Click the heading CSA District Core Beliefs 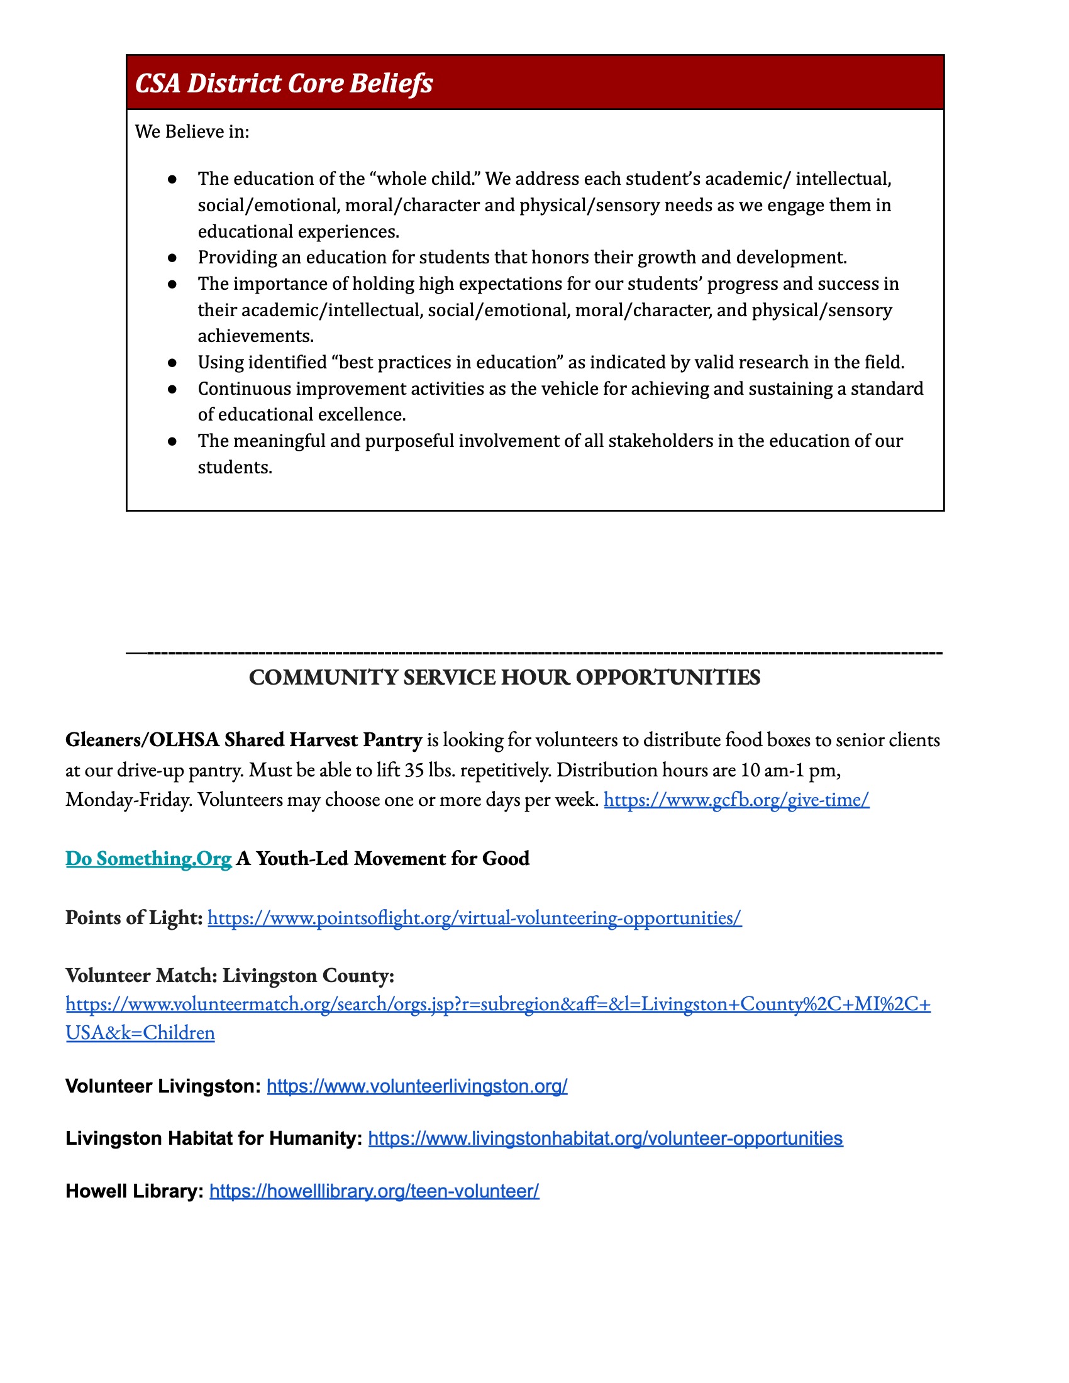click(x=284, y=84)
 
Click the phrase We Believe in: click(x=192, y=132)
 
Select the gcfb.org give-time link click(x=736, y=800)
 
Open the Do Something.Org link click(x=148, y=859)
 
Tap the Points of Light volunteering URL click(x=474, y=918)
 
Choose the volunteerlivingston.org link click(x=417, y=1086)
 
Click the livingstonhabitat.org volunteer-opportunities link click(x=605, y=1138)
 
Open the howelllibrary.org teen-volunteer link click(x=374, y=1191)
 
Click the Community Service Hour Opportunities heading click(x=504, y=678)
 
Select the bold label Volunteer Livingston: click(x=163, y=1086)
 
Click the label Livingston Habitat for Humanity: click(x=213, y=1138)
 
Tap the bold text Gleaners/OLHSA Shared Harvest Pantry click(x=243, y=740)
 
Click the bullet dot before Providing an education click(x=172, y=258)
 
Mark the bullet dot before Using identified click(x=172, y=363)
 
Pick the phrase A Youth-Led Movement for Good click(x=382, y=859)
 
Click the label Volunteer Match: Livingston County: click(x=230, y=975)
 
